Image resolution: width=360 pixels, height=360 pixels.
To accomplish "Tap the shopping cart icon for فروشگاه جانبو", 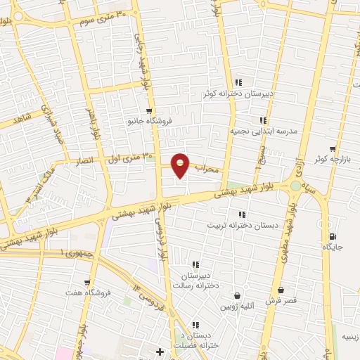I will pos(148,110).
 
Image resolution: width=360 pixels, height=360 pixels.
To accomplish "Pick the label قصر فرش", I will pos(281,300).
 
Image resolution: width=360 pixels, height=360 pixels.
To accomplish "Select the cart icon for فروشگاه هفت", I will pos(87,283).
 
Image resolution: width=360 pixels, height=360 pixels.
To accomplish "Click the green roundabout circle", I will pos(295,186).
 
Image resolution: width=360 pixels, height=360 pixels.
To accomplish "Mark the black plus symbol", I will pos(160,351).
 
